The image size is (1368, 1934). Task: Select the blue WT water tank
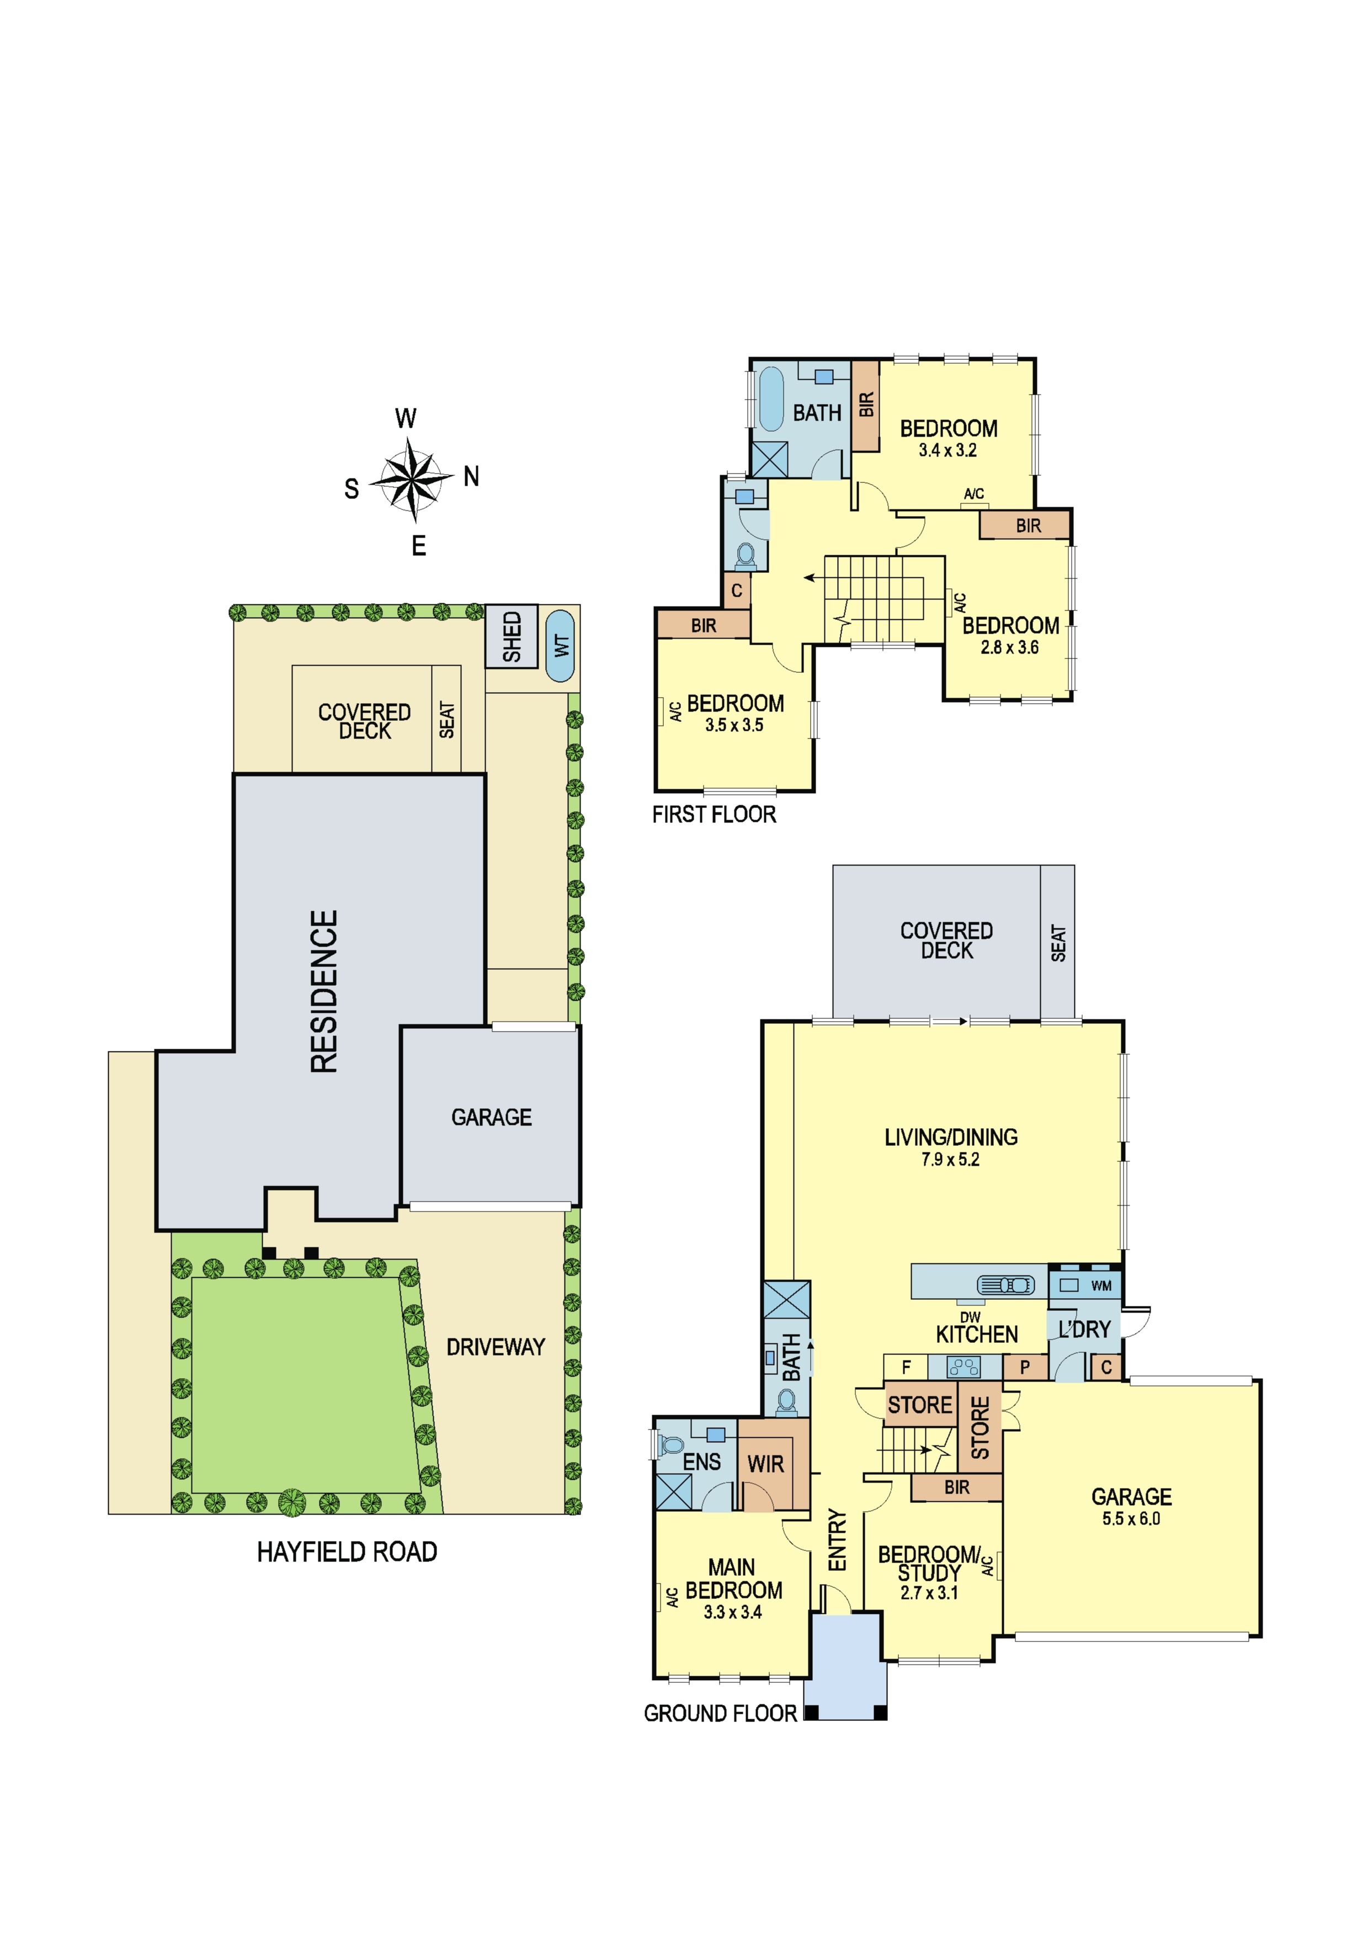560,646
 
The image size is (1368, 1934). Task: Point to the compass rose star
411,481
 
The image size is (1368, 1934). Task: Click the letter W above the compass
406,418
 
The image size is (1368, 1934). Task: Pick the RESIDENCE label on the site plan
324,991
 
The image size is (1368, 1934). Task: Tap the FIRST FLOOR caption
714,815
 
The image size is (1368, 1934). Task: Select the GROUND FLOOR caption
720,1713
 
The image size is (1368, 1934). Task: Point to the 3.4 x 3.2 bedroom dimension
948,450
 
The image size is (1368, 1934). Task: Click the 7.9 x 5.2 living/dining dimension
950,1160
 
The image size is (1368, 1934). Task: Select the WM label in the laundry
1101,1286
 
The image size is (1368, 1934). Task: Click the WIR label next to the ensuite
766,1464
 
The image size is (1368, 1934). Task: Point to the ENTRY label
837,1540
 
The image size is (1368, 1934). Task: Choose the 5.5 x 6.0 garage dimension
1131,1519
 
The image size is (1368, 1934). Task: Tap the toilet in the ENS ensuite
672,1446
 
